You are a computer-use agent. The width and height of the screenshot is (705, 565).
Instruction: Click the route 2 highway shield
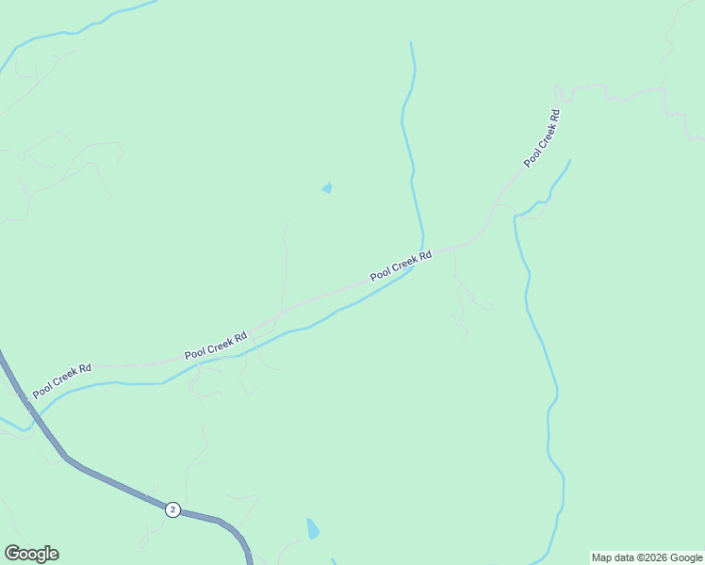(x=172, y=508)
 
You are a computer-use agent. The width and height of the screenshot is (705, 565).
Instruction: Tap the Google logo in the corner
(x=31, y=554)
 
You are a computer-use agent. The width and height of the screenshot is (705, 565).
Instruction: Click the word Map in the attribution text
(x=602, y=557)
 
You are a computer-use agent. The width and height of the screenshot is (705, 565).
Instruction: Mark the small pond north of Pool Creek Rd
(x=327, y=188)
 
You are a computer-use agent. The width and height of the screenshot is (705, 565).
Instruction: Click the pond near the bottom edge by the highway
(x=312, y=529)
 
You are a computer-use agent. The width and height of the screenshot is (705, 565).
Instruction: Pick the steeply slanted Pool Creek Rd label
(x=542, y=139)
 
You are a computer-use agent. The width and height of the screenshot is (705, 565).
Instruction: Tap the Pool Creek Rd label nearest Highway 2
(x=62, y=379)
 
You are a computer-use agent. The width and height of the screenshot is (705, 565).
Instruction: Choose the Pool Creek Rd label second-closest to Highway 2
(x=216, y=345)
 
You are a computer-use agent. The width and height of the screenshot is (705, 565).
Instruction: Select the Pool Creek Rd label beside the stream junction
(x=401, y=266)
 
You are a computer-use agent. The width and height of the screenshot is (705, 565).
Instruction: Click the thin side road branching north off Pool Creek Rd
(x=285, y=264)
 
